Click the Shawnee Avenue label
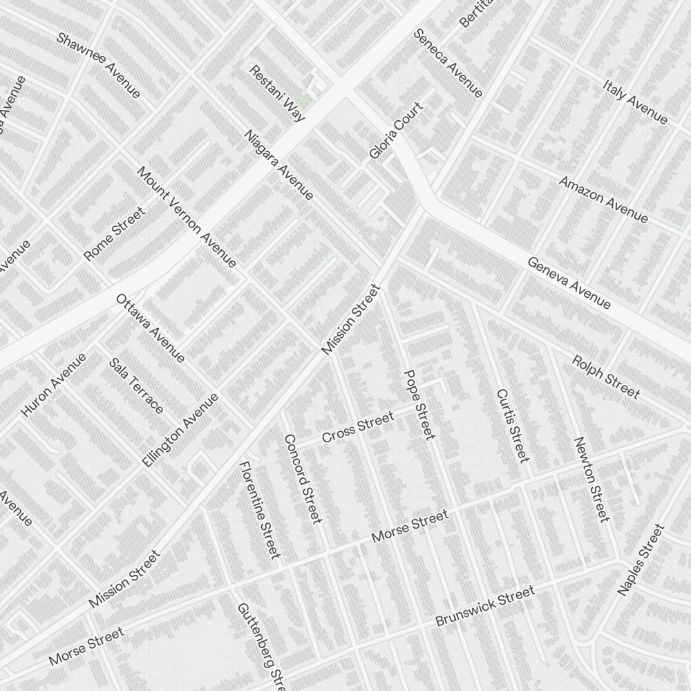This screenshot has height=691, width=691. coord(98,65)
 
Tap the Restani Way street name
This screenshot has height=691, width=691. coord(277,93)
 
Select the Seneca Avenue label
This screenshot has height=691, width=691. coord(448,63)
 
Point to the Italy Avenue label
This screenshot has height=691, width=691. coord(635,102)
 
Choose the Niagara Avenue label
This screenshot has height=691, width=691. coord(279,164)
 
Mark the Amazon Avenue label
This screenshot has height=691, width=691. coord(603,200)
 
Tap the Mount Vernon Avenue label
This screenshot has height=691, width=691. coord(187,216)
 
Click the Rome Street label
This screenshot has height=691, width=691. coord(115,234)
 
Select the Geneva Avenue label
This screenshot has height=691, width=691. coord(569,283)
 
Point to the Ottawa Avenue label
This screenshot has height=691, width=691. coord(150,328)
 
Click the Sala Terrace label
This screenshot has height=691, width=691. coord(136,386)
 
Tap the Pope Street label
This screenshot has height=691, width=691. coord(419,404)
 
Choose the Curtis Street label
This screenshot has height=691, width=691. coord(512,425)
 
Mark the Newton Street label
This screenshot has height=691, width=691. coord(591,479)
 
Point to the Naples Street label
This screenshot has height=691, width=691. coord(640,560)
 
